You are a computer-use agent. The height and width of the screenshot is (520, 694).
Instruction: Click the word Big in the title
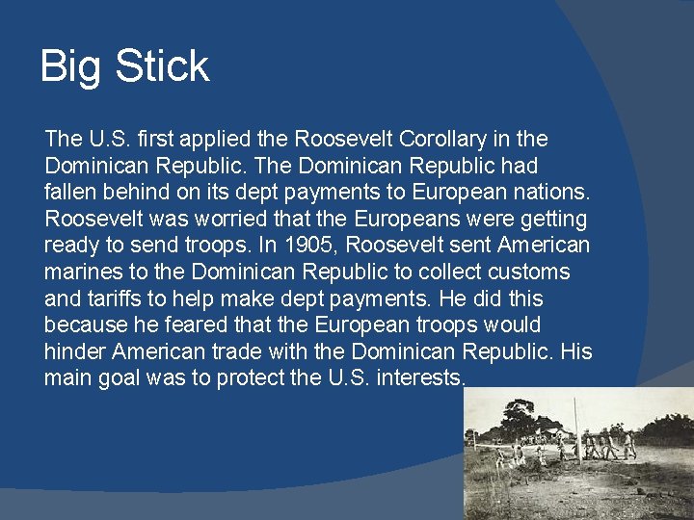71,67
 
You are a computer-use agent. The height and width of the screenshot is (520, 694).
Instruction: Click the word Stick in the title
161,65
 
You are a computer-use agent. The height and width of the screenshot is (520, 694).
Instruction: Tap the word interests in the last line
419,378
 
